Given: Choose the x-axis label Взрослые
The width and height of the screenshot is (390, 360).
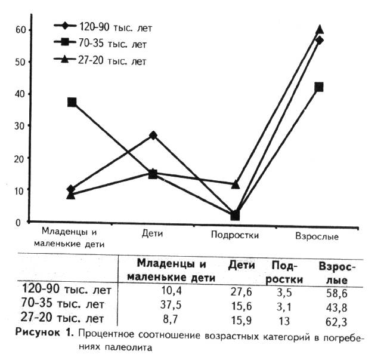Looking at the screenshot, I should (x=317, y=236).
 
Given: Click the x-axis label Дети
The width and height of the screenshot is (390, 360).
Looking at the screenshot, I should (x=153, y=235).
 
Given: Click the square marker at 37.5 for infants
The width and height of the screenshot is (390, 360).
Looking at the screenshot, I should (x=72, y=102).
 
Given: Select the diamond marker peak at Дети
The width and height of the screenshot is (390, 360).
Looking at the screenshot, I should (x=153, y=136).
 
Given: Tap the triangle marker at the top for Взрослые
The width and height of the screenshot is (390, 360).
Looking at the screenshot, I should (x=320, y=29).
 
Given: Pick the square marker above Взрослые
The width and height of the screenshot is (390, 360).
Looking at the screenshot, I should (x=319, y=87).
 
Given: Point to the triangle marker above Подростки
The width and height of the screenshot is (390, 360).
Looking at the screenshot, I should (x=236, y=184).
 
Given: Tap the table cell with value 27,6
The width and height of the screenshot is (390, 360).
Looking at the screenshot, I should (x=242, y=292).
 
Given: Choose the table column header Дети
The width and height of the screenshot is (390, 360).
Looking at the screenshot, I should (x=241, y=264).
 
